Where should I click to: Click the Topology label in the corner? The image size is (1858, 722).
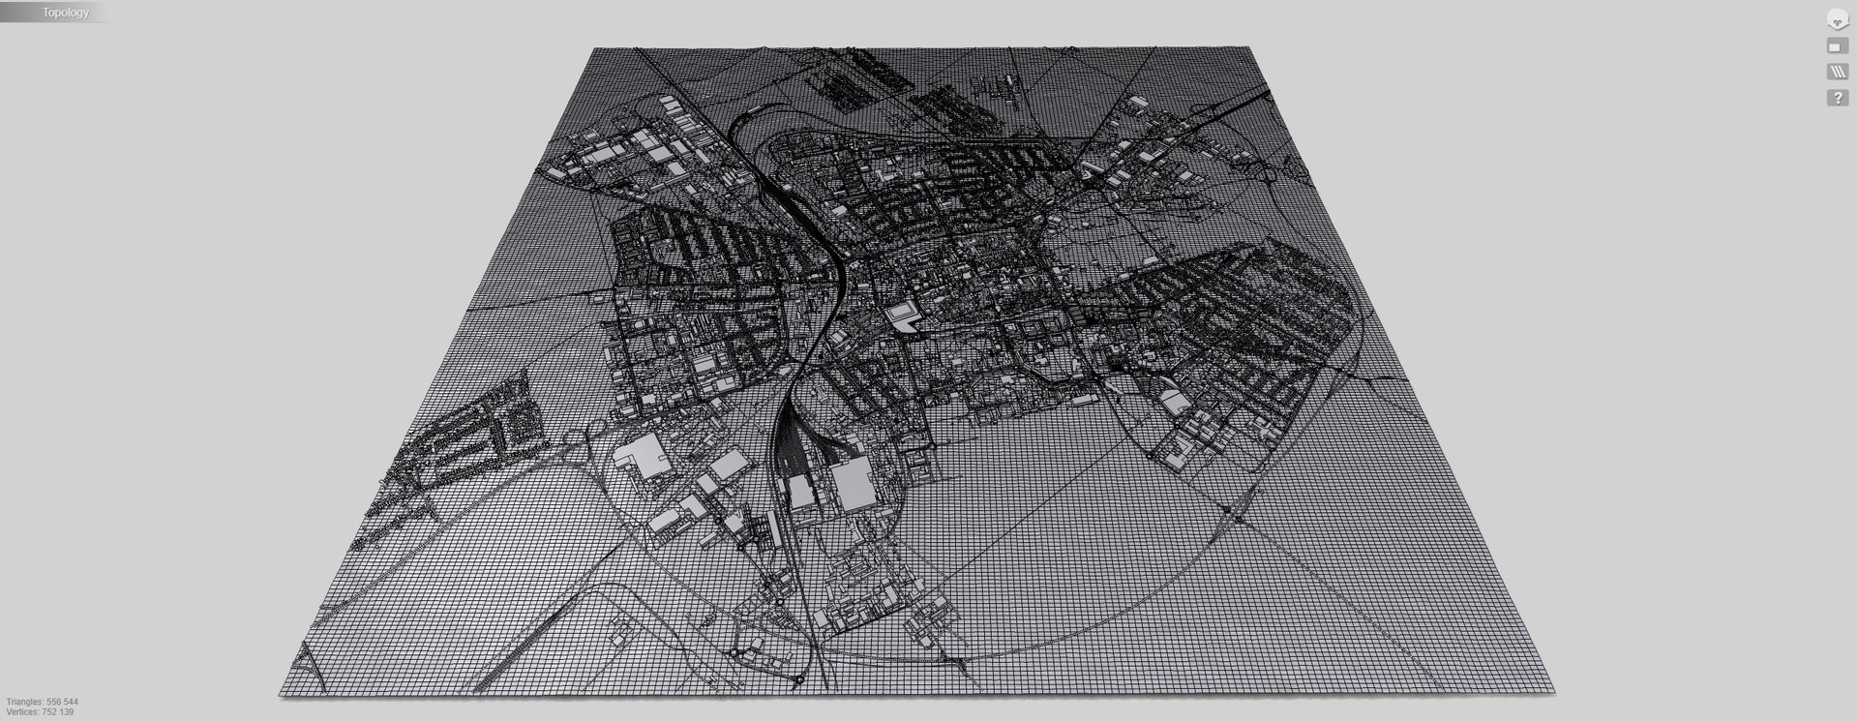point(65,13)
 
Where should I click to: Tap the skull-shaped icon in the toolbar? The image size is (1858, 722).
point(1836,19)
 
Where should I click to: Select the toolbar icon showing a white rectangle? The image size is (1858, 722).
point(1836,46)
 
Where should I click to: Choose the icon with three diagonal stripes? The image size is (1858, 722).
point(1836,73)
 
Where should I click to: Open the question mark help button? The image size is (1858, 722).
point(1836,99)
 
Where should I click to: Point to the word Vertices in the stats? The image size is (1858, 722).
point(22,712)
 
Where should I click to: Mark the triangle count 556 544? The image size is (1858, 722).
point(63,702)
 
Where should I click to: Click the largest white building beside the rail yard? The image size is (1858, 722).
point(852,484)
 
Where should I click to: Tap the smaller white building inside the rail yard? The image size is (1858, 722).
point(800,492)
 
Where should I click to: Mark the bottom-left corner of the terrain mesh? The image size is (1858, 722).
point(281,694)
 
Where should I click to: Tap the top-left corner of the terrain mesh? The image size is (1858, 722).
point(592,49)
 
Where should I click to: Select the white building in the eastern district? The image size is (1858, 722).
point(1175,403)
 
